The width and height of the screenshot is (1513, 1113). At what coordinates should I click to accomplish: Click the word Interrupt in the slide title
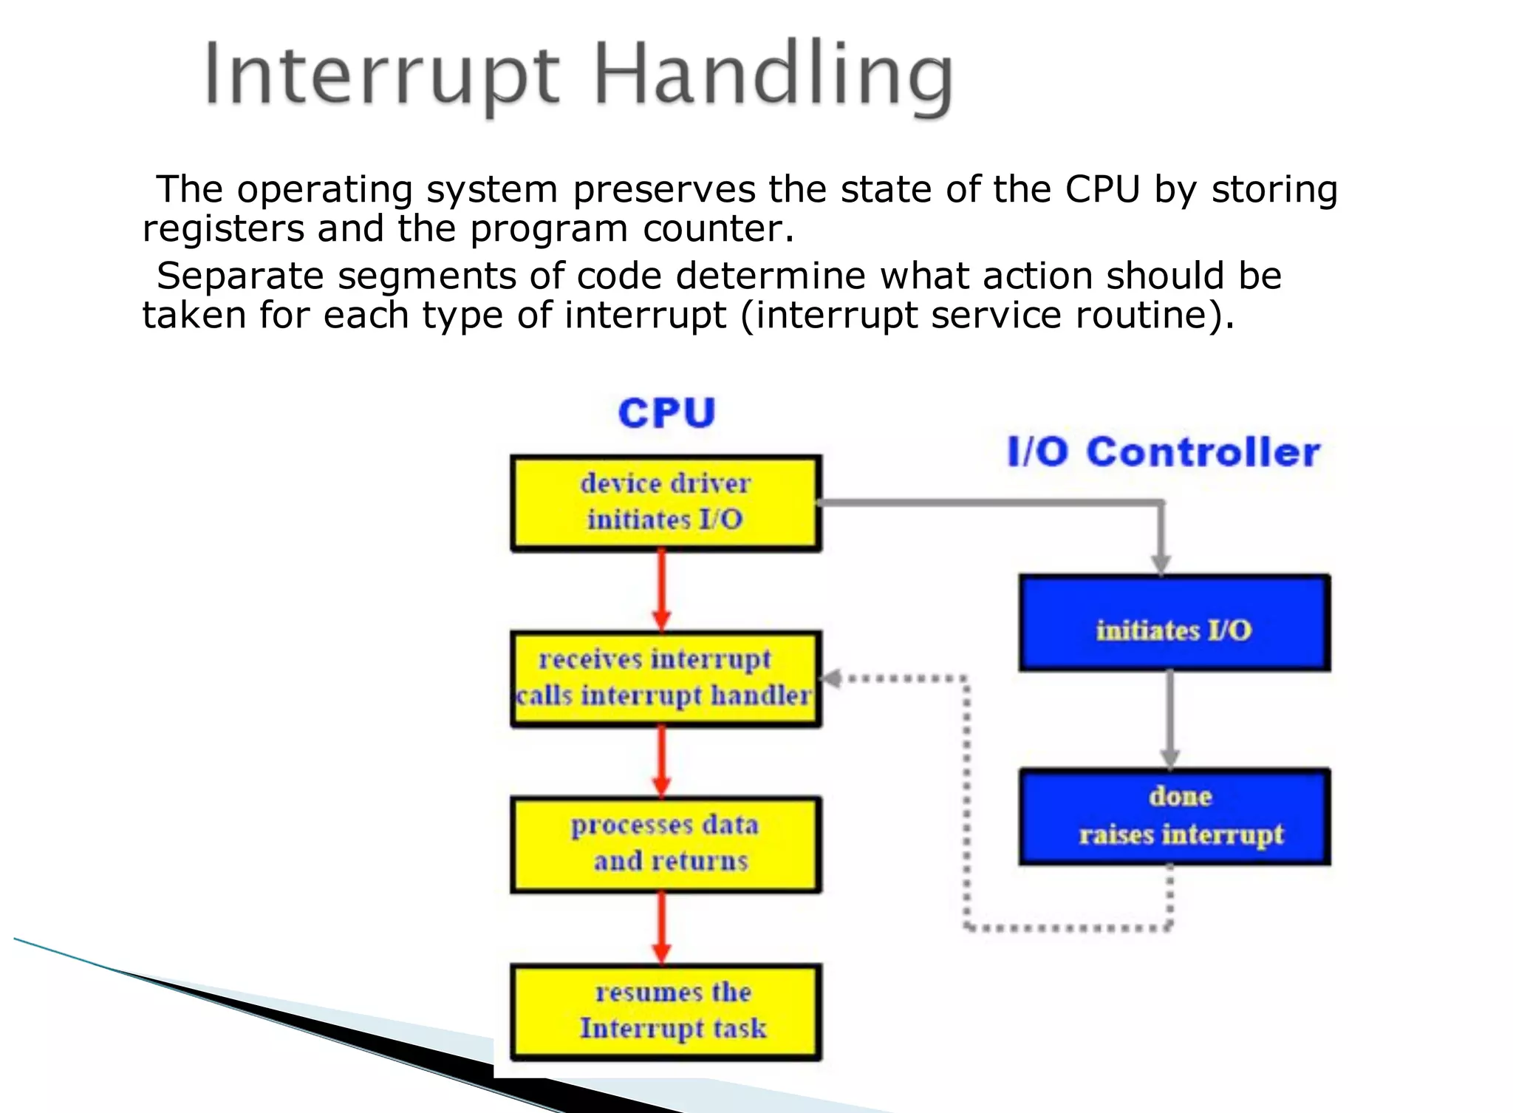(381, 76)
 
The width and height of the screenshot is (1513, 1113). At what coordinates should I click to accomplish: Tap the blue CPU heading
(666, 412)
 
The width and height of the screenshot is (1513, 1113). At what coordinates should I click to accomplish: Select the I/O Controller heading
(1164, 452)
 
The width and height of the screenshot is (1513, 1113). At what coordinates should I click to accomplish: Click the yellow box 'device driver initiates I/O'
(666, 503)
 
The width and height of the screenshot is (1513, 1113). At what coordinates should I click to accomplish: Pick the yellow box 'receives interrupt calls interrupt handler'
(666, 678)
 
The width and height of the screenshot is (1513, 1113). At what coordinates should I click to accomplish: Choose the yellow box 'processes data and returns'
(666, 844)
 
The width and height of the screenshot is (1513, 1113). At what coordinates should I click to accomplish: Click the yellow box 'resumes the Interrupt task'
(666, 1011)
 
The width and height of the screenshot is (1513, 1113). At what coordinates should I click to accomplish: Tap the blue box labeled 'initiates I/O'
(1174, 623)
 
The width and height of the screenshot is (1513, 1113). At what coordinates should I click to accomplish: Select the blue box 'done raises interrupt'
(1174, 816)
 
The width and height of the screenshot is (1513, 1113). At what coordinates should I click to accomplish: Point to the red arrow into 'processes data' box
(662, 761)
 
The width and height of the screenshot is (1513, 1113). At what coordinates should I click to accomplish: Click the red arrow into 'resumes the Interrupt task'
(662, 928)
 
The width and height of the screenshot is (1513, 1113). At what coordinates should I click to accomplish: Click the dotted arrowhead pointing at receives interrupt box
(832, 678)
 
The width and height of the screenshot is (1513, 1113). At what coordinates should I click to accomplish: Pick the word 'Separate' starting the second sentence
(240, 276)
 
